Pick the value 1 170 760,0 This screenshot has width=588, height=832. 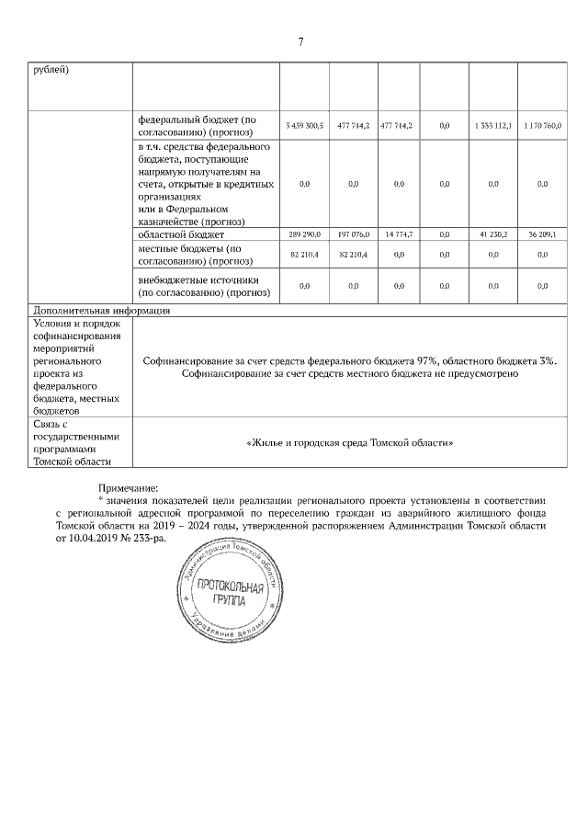tap(542, 124)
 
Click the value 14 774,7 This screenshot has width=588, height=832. tap(398, 234)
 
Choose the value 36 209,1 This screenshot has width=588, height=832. tap(542, 234)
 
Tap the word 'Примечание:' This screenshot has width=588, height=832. tap(128, 487)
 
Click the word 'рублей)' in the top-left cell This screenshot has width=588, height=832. tap(52, 70)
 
